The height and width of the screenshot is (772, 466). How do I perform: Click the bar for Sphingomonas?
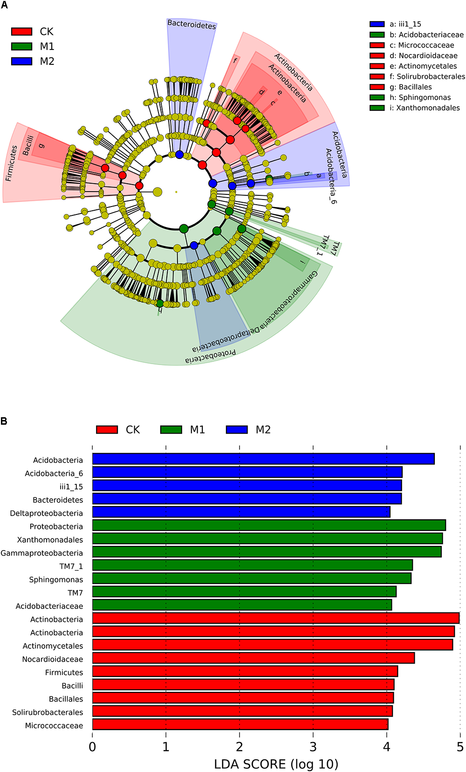click(252, 578)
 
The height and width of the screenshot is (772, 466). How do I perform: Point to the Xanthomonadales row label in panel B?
click(50, 540)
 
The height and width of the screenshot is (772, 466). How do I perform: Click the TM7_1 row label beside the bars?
click(71, 566)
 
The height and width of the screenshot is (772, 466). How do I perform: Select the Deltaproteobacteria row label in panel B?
click(47, 513)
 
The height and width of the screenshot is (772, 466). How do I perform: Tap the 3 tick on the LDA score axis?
click(313, 747)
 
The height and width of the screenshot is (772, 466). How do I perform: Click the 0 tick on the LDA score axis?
click(92, 747)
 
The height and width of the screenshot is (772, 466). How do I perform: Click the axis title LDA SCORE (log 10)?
click(276, 764)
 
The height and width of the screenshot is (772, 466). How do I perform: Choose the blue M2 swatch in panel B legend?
click(237, 429)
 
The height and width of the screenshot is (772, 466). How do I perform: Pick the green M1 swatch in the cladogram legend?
click(22, 47)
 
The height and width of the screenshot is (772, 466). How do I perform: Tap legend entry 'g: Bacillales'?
click(411, 87)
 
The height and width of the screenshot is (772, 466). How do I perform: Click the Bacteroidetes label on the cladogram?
click(192, 25)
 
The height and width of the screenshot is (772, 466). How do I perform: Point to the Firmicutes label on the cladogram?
click(11, 163)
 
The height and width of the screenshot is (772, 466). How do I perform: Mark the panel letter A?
click(4, 5)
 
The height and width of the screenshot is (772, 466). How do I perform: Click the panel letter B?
click(4, 421)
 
